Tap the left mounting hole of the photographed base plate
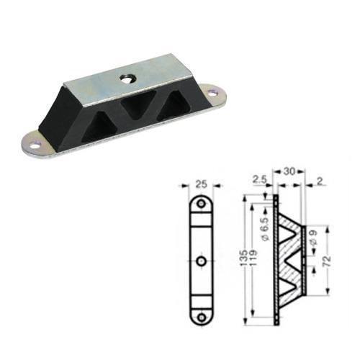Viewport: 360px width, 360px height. [x=37, y=145]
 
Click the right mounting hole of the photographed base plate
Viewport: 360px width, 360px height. [x=212, y=92]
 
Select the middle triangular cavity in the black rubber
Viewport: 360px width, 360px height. [x=136, y=107]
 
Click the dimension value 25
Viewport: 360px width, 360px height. [x=201, y=184]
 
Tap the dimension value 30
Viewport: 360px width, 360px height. [x=289, y=171]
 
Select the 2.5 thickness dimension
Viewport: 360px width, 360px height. [x=259, y=179]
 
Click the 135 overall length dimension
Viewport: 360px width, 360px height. [x=243, y=257]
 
